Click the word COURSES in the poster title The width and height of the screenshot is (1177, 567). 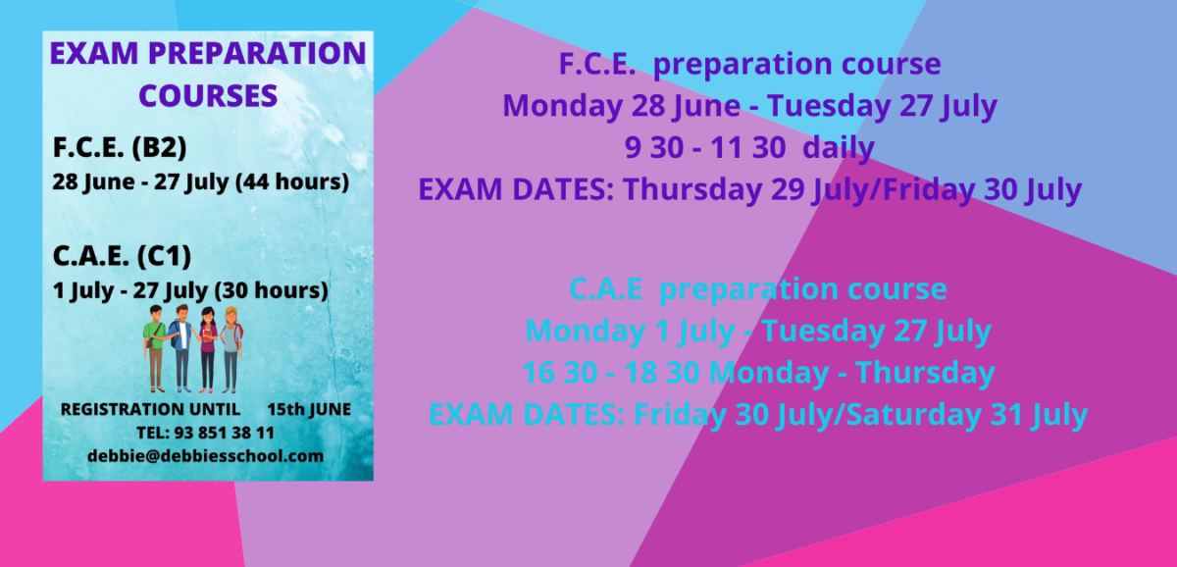click(x=208, y=95)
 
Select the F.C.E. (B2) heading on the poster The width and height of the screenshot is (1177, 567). click(x=120, y=148)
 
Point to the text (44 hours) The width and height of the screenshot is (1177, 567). click(x=292, y=181)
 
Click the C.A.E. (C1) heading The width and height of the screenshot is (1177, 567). click(x=122, y=256)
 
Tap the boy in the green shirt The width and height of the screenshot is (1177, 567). click(x=156, y=349)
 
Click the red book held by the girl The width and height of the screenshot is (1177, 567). click(x=208, y=335)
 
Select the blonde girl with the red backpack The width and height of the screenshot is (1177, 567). click(x=231, y=350)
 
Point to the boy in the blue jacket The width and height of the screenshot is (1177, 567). click(x=181, y=348)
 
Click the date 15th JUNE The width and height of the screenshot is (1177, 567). click(x=309, y=409)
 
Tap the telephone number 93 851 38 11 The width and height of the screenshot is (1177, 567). click(x=225, y=433)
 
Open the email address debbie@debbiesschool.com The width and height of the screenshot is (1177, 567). click(x=205, y=456)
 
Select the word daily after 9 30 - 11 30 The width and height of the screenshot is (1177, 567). click(x=839, y=148)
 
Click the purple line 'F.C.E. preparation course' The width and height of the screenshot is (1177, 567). click(x=749, y=64)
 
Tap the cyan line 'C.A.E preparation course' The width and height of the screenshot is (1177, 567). click(x=758, y=289)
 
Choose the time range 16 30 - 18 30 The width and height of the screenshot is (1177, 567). click(x=611, y=373)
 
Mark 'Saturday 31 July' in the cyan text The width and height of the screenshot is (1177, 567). click(x=967, y=415)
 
